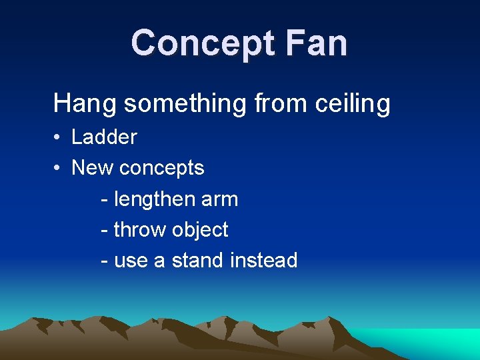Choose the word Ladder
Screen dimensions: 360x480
coord(104,137)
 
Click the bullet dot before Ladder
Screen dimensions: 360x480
coord(59,138)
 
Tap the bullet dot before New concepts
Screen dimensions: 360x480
coord(59,169)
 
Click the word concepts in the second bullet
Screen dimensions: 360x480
coord(161,169)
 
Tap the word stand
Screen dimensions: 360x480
coord(198,260)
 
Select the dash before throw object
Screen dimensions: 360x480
coord(104,231)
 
